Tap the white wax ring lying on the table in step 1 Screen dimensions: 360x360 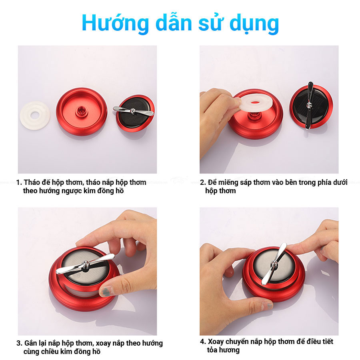click(x=35, y=115)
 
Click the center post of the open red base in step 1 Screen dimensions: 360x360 click(x=81, y=110)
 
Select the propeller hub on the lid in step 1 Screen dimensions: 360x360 click(x=133, y=111)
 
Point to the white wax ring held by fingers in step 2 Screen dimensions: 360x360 click(x=255, y=103)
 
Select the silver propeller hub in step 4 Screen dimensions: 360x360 click(x=274, y=263)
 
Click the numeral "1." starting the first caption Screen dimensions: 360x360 click(x=19, y=182)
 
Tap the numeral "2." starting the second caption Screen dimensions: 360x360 click(x=203, y=182)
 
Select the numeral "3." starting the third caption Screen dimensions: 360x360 click(x=19, y=344)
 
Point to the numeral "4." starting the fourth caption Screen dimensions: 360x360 click(x=203, y=342)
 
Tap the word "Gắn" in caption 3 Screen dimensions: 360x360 click(x=30, y=343)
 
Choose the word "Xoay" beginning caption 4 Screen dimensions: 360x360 click(x=216, y=342)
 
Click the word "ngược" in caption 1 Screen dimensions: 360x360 click(x=69, y=191)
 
